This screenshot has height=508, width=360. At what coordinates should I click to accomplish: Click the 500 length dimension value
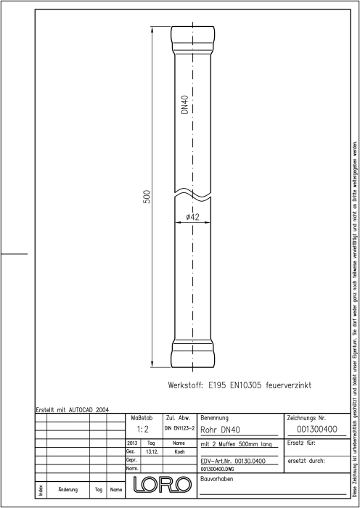[x=147, y=197]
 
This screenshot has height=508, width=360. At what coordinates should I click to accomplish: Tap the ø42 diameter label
[x=193, y=218]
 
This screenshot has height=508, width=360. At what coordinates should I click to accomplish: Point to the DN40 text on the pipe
[x=185, y=105]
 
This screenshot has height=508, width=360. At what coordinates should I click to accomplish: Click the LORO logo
[x=162, y=485]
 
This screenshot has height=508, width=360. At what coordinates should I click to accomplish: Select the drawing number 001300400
[x=317, y=430]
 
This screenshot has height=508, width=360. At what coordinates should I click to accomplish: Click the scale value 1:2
[x=142, y=430]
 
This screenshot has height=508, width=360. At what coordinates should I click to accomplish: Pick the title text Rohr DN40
[x=221, y=430]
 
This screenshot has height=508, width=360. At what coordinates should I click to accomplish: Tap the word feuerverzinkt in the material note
[x=288, y=385]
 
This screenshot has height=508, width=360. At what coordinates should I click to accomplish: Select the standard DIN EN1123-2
[x=179, y=428]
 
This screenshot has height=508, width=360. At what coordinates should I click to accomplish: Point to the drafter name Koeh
[x=179, y=451]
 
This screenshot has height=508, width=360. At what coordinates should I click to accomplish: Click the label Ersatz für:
[x=301, y=443]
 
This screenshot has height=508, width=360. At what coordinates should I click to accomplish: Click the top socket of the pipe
[x=193, y=40]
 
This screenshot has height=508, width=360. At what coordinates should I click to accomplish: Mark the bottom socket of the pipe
[x=193, y=353]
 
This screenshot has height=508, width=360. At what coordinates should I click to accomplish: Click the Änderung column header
[x=68, y=490]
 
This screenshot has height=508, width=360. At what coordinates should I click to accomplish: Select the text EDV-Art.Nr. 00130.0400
[x=233, y=461]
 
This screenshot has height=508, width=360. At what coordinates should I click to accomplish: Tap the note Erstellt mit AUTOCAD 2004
[x=73, y=410]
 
